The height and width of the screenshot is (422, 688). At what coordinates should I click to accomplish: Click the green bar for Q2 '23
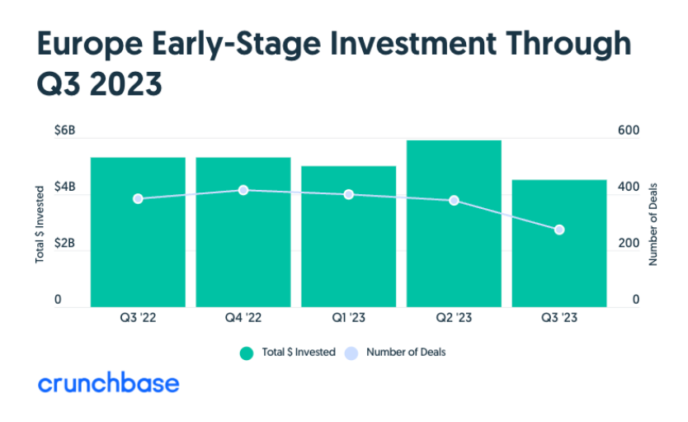[454, 224]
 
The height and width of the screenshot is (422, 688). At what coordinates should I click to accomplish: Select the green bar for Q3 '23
[559, 244]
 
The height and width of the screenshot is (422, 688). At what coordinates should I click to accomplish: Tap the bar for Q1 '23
[348, 236]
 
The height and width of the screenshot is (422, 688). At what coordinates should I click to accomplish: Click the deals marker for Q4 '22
[243, 190]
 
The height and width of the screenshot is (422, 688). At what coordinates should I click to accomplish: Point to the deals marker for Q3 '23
[559, 230]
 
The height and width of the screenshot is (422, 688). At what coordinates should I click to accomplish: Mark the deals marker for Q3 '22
[138, 199]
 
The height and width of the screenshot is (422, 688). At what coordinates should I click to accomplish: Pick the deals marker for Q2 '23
[454, 201]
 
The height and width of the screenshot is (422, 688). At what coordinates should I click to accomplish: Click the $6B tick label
[64, 130]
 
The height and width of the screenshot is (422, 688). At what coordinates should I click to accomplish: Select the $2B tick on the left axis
[64, 243]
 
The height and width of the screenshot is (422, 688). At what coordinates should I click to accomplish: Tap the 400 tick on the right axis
[629, 187]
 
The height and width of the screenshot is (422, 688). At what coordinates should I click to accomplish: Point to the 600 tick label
[629, 130]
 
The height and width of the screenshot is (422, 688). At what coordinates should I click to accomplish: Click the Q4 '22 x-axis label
[243, 317]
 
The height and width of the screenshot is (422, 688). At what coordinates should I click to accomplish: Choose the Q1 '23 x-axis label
[348, 317]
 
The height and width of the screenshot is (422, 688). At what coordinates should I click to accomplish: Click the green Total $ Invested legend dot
[247, 353]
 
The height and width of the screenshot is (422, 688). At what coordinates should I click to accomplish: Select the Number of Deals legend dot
[351, 353]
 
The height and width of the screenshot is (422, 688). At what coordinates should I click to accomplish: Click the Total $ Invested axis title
[40, 225]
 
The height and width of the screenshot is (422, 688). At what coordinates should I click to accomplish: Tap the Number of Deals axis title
[653, 225]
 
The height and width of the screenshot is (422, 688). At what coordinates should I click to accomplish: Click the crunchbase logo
[109, 382]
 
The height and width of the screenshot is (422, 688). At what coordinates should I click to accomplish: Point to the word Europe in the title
[90, 44]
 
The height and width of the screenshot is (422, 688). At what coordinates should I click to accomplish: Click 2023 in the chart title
[126, 84]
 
